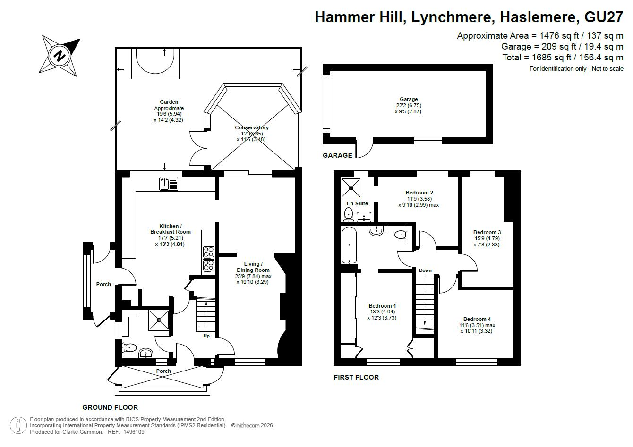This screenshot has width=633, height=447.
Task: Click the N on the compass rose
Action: [x=60, y=55]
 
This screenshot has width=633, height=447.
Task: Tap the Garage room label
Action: [x=409, y=99]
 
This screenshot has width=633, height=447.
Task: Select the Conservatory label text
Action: [x=252, y=127]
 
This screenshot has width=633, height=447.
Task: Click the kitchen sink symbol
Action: [x=169, y=184]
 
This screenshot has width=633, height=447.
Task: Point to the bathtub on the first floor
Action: [x=349, y=245]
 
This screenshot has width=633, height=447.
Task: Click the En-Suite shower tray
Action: [x=351, y=188]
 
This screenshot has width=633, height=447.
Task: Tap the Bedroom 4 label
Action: [x=477, y=319]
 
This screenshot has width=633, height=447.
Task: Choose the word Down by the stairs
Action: [x=425, y=270]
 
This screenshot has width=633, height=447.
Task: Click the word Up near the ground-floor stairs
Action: [x=206, y=336]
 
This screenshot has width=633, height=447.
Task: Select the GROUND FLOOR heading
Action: [x=110, y=407]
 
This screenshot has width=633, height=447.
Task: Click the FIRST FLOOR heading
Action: [x=356, y=377]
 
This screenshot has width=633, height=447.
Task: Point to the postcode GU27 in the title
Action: [x=604, y=17]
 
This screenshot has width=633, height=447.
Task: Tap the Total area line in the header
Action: [x=563, y=57]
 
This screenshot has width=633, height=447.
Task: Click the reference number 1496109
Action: [x=134, y=432]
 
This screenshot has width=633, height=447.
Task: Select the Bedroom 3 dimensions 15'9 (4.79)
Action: [x=487, y=238]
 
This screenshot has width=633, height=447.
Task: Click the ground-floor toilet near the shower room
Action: [x=129, y=347]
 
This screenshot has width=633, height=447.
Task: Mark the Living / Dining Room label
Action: [x=253, y=267]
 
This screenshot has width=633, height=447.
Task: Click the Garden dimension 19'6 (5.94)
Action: [x=169, y=114]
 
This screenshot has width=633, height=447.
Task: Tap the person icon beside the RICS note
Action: [x=18, y=425]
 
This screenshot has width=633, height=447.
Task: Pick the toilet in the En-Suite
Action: [x=349, y=214]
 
